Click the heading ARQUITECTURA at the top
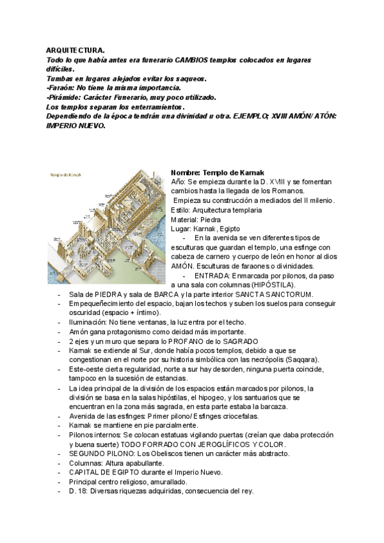click(x=76, y=50)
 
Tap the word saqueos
click(x=189, y=78)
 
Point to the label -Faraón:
click(x=61, y=88)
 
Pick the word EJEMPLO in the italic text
click(x=253, y=116)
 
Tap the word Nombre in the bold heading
click(x=186, y=172)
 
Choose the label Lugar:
click(x=184, y=229)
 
